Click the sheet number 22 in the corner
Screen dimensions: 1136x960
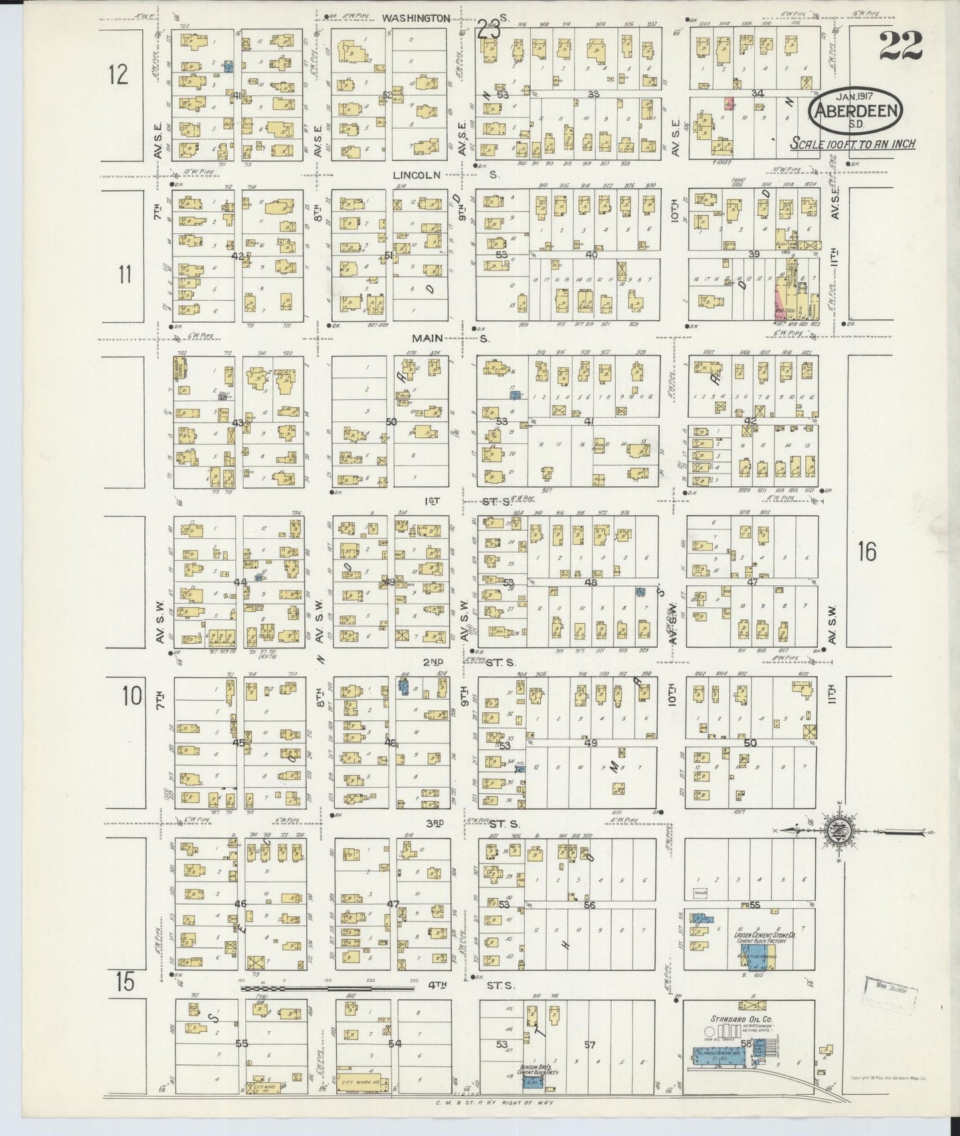click(x=901, y=45)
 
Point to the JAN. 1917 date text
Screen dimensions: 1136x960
click(x=854, y=94)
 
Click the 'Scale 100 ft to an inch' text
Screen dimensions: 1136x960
click(x=853, y=143)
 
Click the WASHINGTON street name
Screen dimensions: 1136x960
click(x=415, y=19)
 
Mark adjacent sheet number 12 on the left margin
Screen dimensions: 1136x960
click(x=118, y=74)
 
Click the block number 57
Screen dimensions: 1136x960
click(x=589, y=1044)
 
